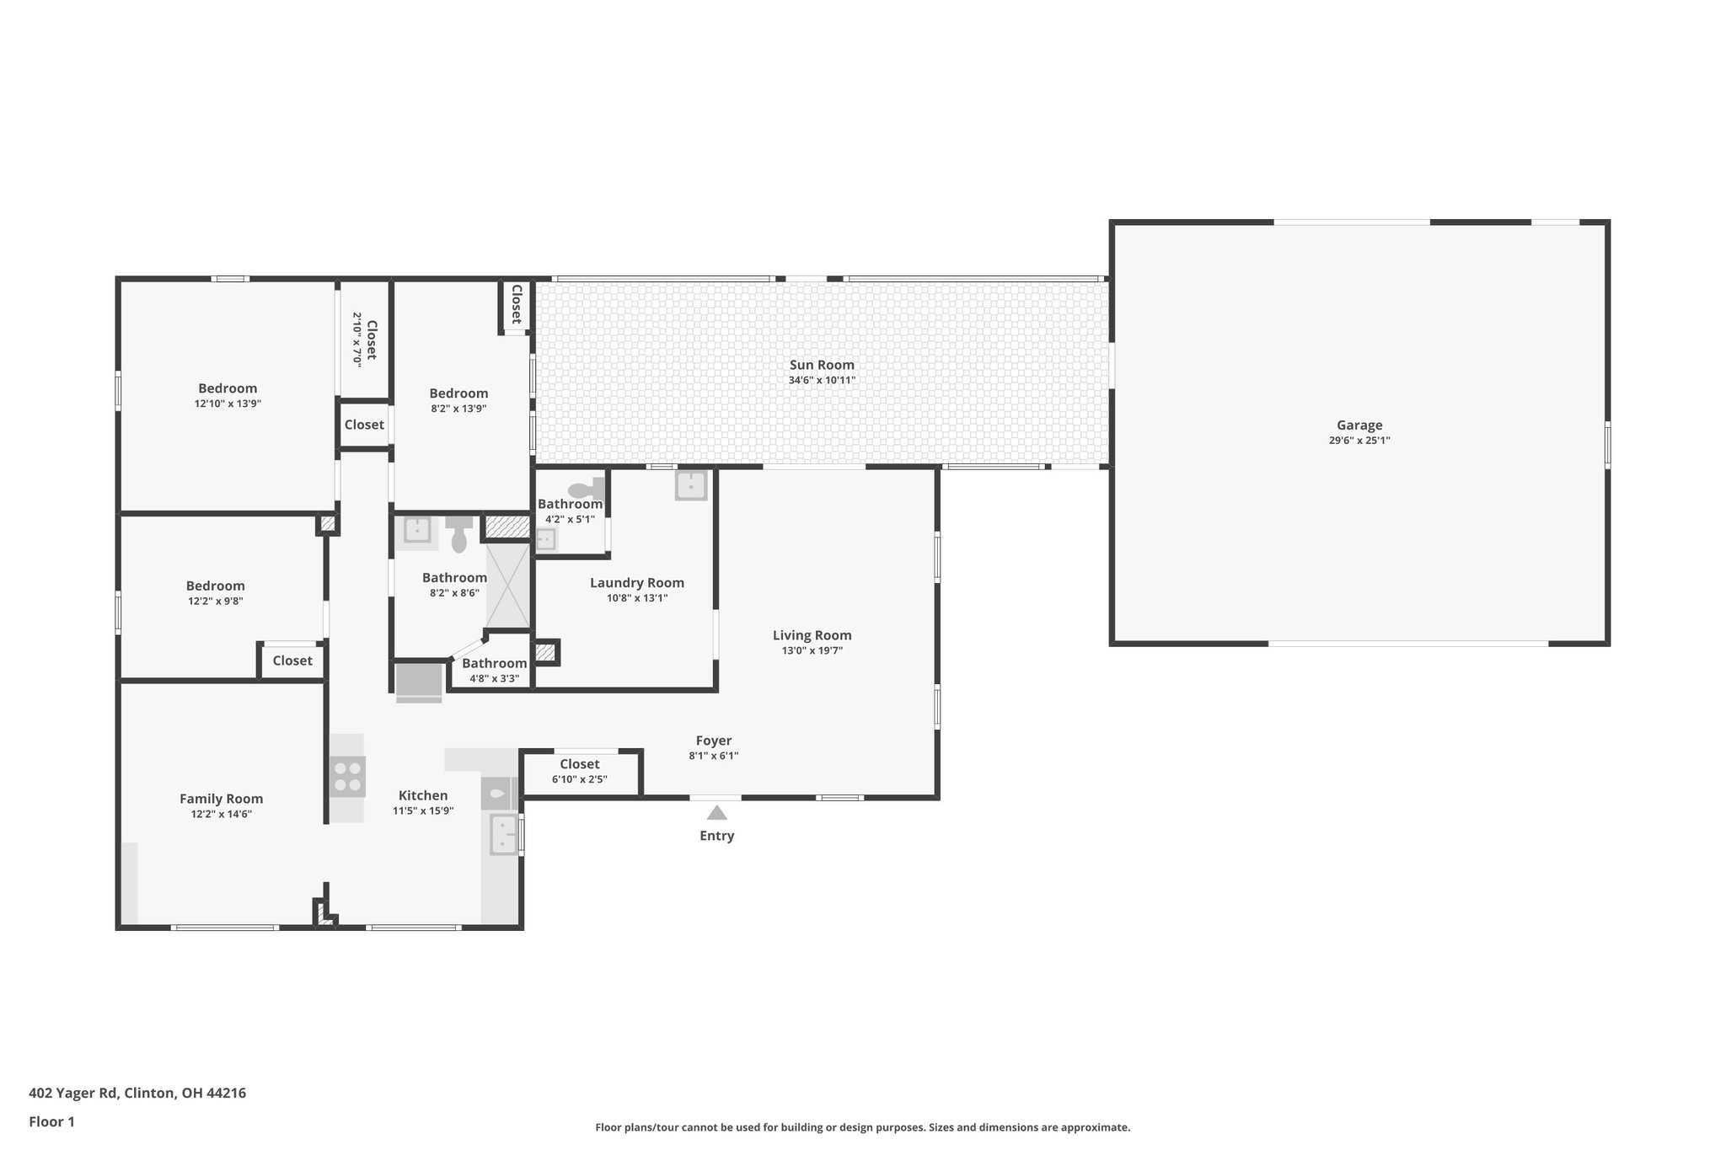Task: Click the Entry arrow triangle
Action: click(x=716, y=813)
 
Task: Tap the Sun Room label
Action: click(x=822, y=365)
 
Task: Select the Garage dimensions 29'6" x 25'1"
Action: click(x=1359, y=441)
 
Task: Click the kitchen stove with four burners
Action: click(x=347, y=777)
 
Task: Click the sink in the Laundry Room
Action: click(x=691, y=485)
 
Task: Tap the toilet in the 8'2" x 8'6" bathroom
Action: click(x=459, y=534)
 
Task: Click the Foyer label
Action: click(x=713, y=741)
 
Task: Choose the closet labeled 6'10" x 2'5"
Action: click(x=580, y=771)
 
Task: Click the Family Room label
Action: click(x=221, y=799)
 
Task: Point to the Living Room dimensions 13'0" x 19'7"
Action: click(x=812, y=650)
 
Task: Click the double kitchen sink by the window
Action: click(x=503, y=834)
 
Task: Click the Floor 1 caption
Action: click(x=52, y=1121)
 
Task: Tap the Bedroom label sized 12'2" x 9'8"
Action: click(x=215, y=586)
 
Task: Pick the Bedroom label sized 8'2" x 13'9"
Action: click(x=458, y=393)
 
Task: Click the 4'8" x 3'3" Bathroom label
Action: click(x=494, y=664)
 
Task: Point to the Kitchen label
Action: click(x=423, y=795)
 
